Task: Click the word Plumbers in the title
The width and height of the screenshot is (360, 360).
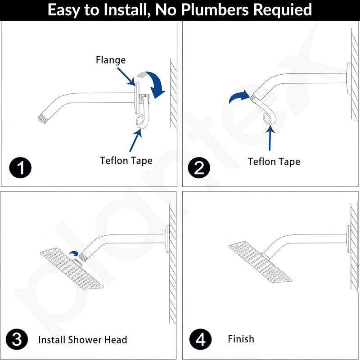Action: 215,10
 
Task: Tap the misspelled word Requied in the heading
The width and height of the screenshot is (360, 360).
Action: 283,10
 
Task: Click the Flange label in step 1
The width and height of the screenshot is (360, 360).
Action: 111,60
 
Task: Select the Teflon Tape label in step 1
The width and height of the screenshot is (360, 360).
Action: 126,161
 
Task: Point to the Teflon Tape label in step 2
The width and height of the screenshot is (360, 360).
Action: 274,162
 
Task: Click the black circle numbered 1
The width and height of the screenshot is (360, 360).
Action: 20,167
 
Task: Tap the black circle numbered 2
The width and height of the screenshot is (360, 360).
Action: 199,167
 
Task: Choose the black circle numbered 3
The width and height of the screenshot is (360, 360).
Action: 17,339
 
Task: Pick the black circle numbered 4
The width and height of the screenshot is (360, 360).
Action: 200,339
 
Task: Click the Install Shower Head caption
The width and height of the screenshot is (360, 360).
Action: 83,340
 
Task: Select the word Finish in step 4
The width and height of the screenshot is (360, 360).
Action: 241,339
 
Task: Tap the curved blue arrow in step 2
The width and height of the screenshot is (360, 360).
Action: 239,96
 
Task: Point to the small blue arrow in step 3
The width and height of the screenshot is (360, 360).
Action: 74,253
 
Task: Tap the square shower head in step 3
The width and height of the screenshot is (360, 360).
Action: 72,269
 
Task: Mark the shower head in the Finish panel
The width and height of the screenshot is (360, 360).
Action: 260,262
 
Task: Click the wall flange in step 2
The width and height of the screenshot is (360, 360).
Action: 349,78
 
